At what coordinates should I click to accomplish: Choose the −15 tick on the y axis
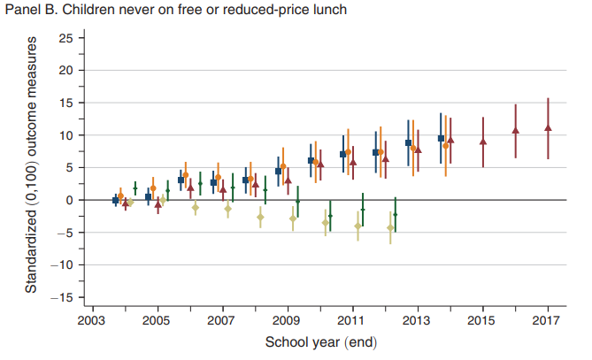[x=62, y=298]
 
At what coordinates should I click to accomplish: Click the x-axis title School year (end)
[x=319, y=342]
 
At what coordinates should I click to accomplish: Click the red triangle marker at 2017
[x=548, y=127]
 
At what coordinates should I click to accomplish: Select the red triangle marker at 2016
[x=515, y=131]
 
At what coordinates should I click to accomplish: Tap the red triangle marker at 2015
[x=482, y=141]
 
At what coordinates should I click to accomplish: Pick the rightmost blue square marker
[x=441, y=139]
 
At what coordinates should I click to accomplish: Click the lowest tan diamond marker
[x=390, y=228]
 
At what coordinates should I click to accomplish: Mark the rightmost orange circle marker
[x=446, y=145]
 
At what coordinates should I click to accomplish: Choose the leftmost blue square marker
[x=115, y=200]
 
